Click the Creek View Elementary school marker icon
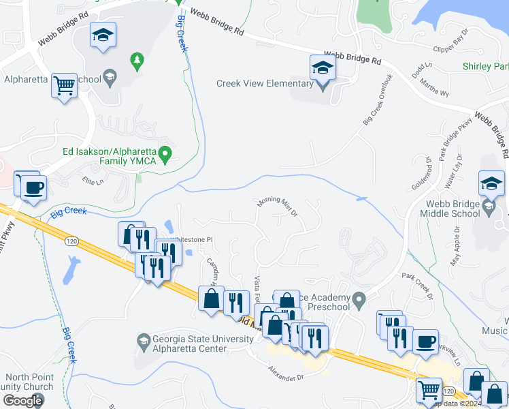pyautogui.click(x=322, y=69)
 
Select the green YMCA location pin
pyautogui.click(x=165, y=155)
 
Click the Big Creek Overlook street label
pyautogui.click(x=378, y=100)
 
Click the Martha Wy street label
pyautogui.click(x=433, y=88)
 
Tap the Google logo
pyautogui.click(x=22, y=400)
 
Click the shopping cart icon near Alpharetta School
pyautogui.click(x=65, y=86)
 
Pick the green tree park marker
pyautogui.click(x=137, y=61)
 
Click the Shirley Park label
pyautogui.click(x=485, y=67)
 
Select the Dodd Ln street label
pyautogui.click(x=422, y=67)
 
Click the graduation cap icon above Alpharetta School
pyautogui.click(x=103, y=35)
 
